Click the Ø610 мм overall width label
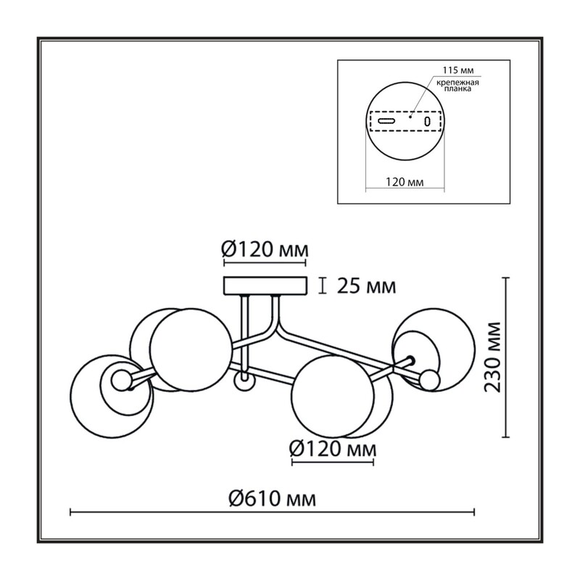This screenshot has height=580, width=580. (273, 499)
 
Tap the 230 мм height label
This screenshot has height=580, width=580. (493, 357)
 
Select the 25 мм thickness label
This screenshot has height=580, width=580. (366, 286)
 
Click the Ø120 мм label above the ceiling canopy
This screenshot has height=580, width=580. (265, 250)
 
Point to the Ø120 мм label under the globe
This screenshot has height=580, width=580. (333, 449)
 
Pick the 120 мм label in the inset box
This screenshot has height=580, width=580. (405, 182)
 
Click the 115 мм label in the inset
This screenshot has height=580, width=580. (458, 70)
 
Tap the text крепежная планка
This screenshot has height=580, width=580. (457, 86)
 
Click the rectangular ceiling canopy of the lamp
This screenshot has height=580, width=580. (265, 286)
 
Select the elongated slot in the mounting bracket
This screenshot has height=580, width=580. (386, 121)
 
